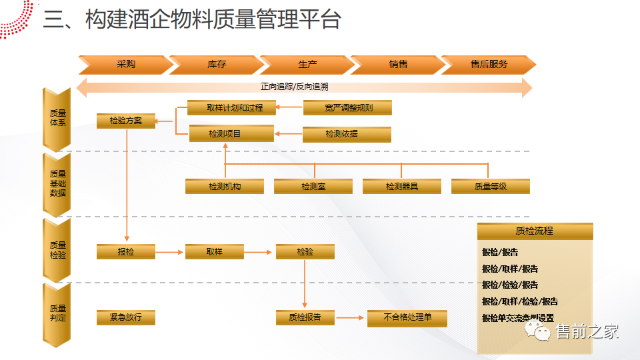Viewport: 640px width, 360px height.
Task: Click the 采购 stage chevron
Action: (125, 65)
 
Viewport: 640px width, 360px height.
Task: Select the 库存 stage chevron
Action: (217, 65)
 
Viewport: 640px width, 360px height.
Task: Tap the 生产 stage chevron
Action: (307, 65)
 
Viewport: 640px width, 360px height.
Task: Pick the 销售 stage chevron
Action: (398, 65)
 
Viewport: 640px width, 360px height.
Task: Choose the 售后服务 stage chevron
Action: (489, 65)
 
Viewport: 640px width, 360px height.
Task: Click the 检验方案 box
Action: (126, 121)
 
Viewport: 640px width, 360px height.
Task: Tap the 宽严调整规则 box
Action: (347, 107)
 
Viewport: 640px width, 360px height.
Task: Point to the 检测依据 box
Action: (347, 134)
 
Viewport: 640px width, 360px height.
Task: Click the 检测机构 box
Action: (224, 187)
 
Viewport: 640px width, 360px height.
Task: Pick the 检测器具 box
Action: (401, 187)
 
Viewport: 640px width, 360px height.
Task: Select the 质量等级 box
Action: (490, 187)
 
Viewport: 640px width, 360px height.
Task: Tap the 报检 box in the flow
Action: (126, 252)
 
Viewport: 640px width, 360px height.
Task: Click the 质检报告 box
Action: (305, 317)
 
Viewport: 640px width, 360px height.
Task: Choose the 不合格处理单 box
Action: (407, 317)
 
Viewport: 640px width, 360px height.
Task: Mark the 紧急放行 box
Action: (126, 317)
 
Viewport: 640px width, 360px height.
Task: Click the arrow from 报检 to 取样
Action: (170, 252)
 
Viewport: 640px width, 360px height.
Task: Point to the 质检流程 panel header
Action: (535, 231)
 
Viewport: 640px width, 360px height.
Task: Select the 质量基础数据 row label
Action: (57, 183)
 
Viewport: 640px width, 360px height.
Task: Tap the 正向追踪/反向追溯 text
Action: (303, 87)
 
